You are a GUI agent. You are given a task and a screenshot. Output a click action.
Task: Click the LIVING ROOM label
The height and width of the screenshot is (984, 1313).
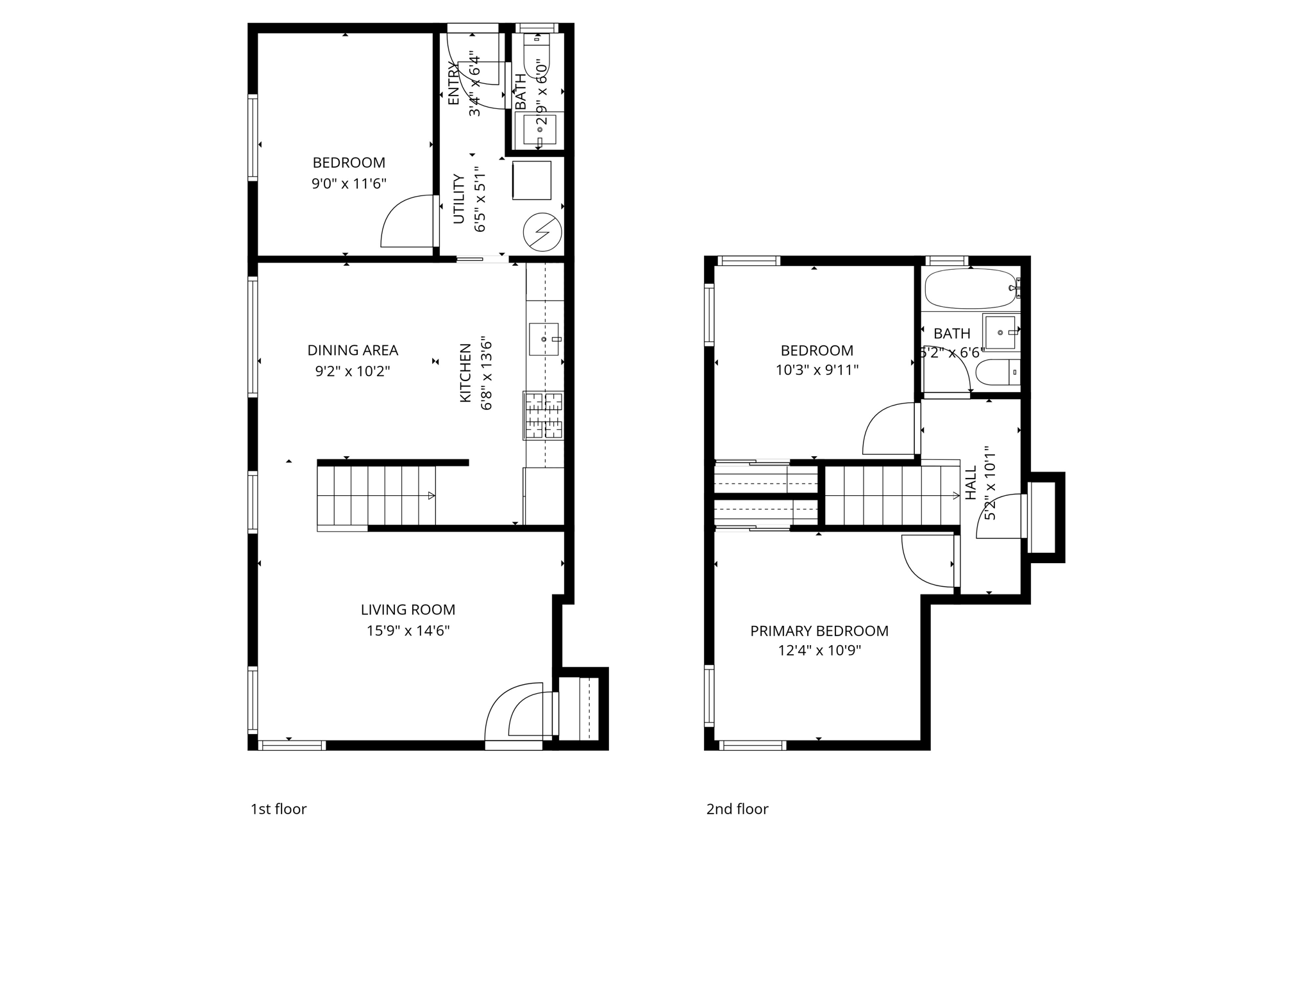408,610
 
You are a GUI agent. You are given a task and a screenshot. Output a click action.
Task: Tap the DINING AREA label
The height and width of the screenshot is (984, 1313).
353,350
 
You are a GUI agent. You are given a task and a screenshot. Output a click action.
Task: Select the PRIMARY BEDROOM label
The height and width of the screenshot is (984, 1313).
819,631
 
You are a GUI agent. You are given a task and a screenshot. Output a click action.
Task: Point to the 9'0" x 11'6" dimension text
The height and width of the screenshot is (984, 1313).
349,184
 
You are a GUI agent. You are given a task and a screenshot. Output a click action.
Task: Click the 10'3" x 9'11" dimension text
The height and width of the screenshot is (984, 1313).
817,370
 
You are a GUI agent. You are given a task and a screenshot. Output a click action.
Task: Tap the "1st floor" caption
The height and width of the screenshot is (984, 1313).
278,809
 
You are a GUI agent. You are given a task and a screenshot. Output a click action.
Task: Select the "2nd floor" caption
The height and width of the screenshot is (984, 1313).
737,809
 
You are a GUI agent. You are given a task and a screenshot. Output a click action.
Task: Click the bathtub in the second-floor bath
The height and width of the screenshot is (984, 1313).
969,288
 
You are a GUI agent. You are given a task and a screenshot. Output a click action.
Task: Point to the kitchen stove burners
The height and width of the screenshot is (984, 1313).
544,416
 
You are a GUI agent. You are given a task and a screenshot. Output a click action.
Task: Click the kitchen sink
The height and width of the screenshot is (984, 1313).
544,339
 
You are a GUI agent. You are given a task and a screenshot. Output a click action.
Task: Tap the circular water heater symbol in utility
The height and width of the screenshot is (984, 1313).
542,232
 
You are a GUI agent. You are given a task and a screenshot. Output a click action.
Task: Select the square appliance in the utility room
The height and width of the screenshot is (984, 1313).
531,181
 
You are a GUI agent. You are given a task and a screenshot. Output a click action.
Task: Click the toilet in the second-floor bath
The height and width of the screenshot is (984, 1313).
996,372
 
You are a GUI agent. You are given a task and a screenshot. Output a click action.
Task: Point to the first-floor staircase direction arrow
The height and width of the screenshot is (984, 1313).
431,495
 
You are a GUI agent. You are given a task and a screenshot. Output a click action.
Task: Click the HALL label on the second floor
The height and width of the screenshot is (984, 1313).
971,482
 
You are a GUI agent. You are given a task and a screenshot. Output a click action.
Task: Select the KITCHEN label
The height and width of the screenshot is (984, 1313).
465,373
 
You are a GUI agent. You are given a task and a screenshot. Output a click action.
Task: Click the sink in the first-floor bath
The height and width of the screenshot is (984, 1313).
539,130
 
